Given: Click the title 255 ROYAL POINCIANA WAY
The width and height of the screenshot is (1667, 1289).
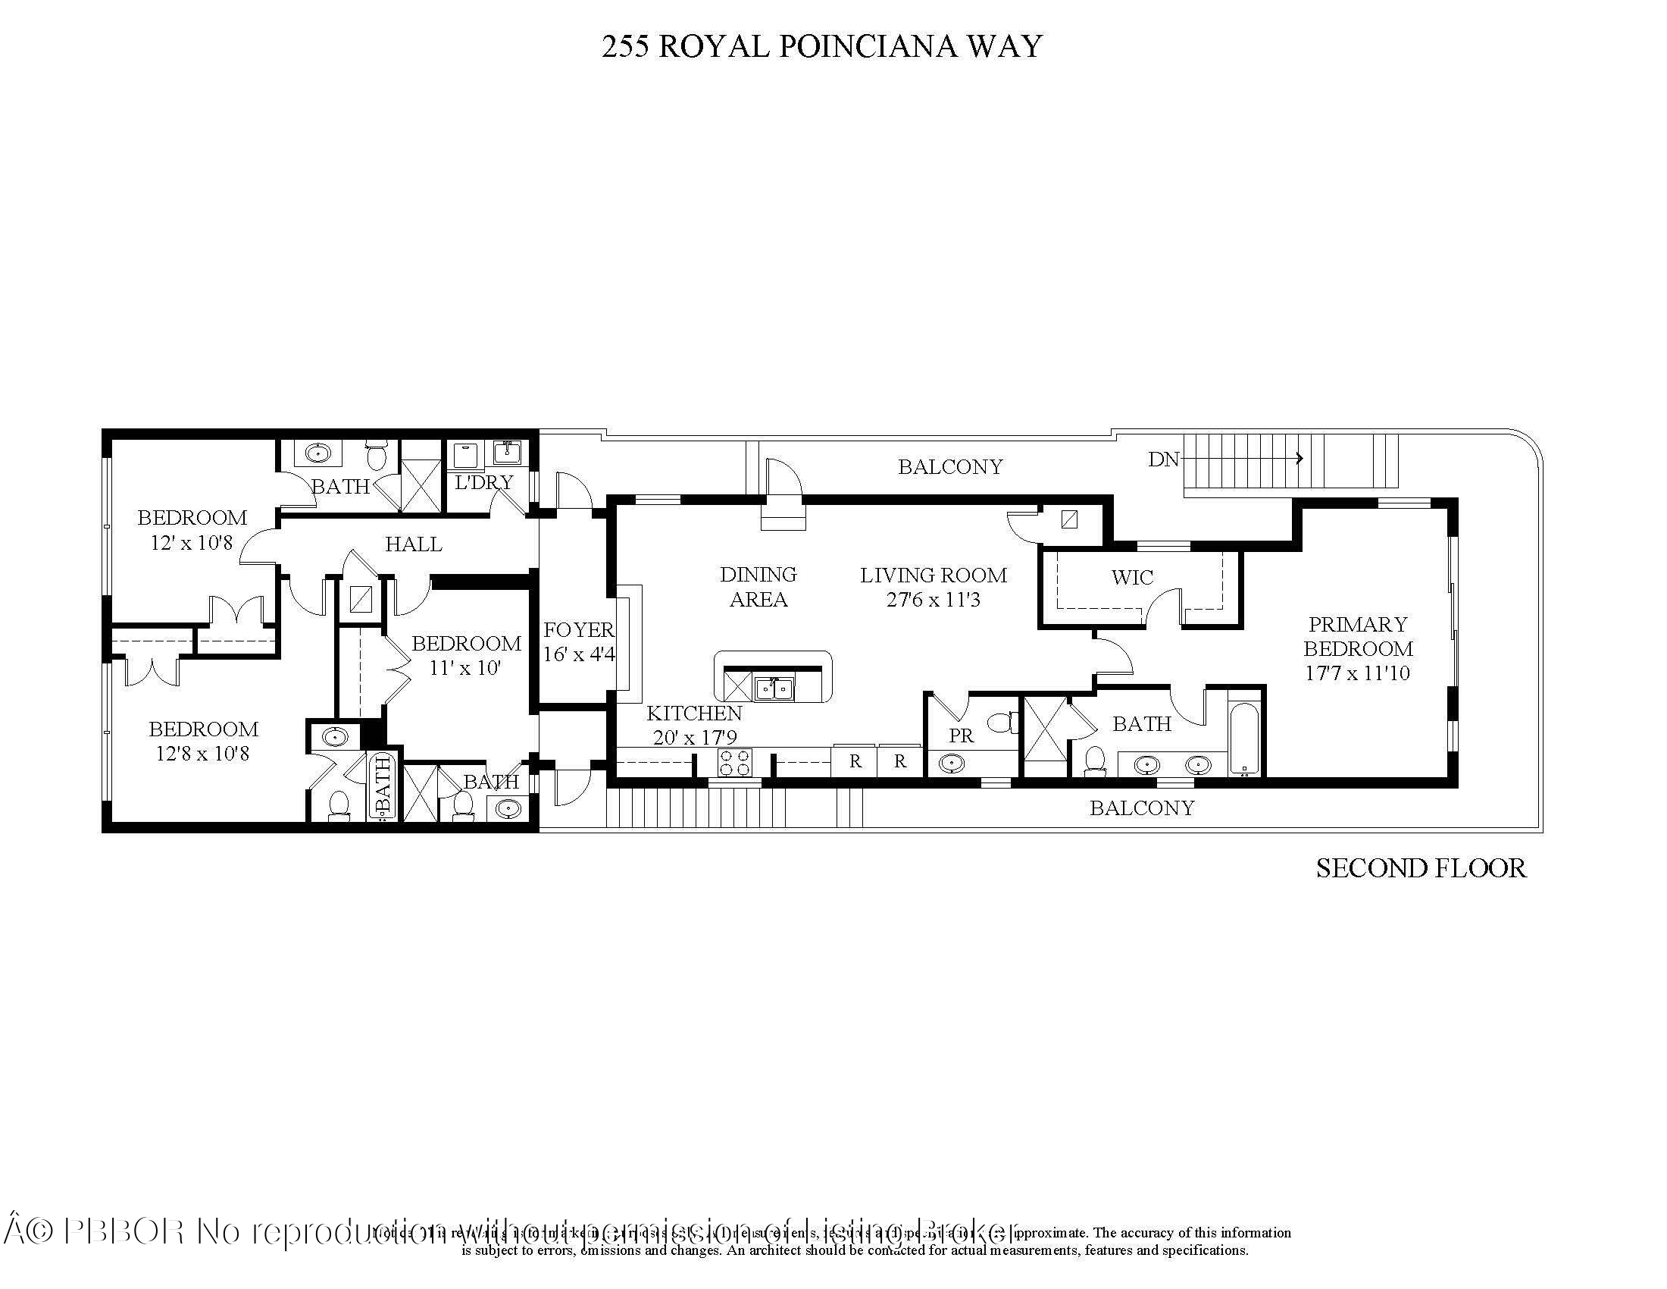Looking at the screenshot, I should click(x=821, y=46).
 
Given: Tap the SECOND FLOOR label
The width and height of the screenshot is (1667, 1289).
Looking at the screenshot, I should click(x=1421, y=868).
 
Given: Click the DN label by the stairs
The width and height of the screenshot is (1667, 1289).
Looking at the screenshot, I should click(x=1164, y=459).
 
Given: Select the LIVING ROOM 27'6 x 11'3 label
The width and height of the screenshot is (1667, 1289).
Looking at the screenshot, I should click(x=933, y=587).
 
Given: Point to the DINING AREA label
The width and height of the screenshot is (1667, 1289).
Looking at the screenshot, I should click(x=758, y=586).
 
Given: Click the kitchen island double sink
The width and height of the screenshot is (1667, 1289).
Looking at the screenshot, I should click(x=773, y=688).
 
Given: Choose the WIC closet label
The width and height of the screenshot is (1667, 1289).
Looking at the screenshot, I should click(x=1132, y=577).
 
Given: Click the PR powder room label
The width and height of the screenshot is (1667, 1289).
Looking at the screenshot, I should click(x=961, y=735).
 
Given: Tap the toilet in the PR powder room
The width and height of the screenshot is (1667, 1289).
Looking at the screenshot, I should click(x=1002, y=722).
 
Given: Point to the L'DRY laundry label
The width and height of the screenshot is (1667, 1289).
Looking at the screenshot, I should click(x=484, y=482).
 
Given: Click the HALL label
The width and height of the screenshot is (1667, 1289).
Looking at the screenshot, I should click(x=413, y=544).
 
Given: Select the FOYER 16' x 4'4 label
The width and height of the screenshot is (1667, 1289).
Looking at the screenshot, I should click(x=579, y=642).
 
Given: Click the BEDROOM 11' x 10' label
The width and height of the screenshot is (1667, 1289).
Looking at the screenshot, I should click(x=465, y=655).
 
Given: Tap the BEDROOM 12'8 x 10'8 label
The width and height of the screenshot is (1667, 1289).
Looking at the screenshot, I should click(x=203, y=741).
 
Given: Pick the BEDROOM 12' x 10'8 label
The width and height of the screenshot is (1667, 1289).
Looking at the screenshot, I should click(x=192, y=530).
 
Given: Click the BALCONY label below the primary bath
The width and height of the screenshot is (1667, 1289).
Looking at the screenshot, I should click(x=1141, y=808).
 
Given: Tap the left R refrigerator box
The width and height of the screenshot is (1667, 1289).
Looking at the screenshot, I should click(x=855, y=761).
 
